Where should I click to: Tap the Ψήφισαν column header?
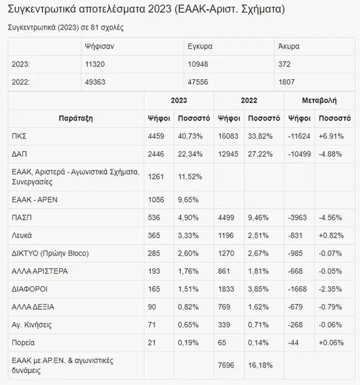(x=97, y=47)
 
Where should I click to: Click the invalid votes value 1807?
(x=286, y=82)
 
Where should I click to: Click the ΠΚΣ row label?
(x=19, y=136)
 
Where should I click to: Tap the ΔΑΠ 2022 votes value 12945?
(x=229, y=153)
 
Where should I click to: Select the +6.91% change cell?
(x=332, y=136)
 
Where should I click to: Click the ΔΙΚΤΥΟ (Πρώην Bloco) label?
(x=50, y=253)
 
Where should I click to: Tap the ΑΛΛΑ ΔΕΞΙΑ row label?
(x=33, y=306)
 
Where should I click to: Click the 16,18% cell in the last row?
(x=260, y=365)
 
